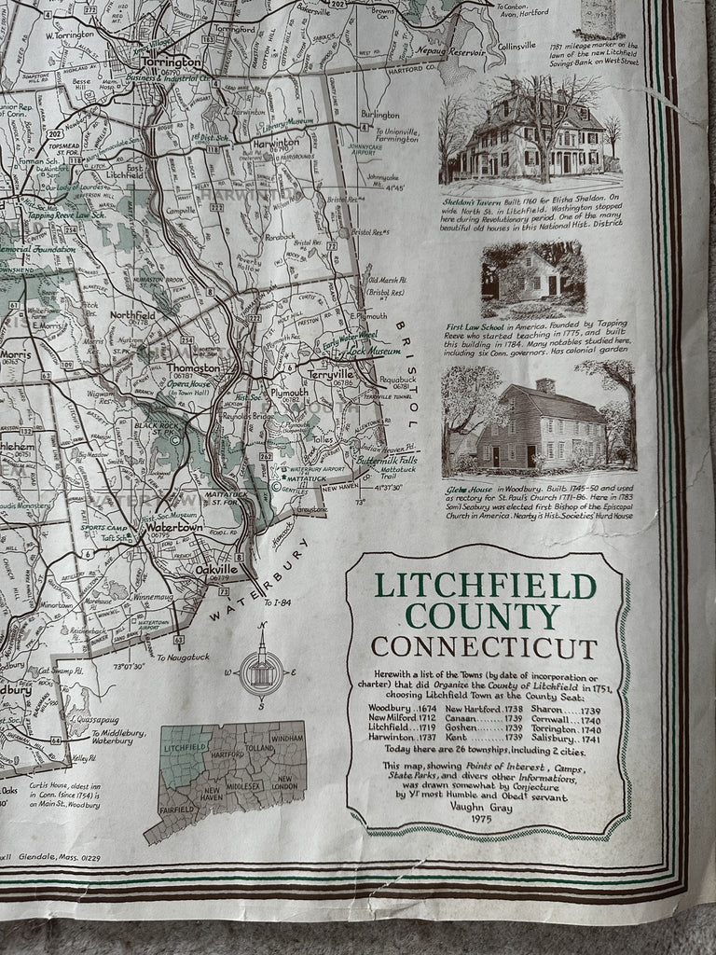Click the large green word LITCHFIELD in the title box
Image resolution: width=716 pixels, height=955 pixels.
[x=485, y=587]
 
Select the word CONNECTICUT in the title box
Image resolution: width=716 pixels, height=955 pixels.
[x=485, y=647]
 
